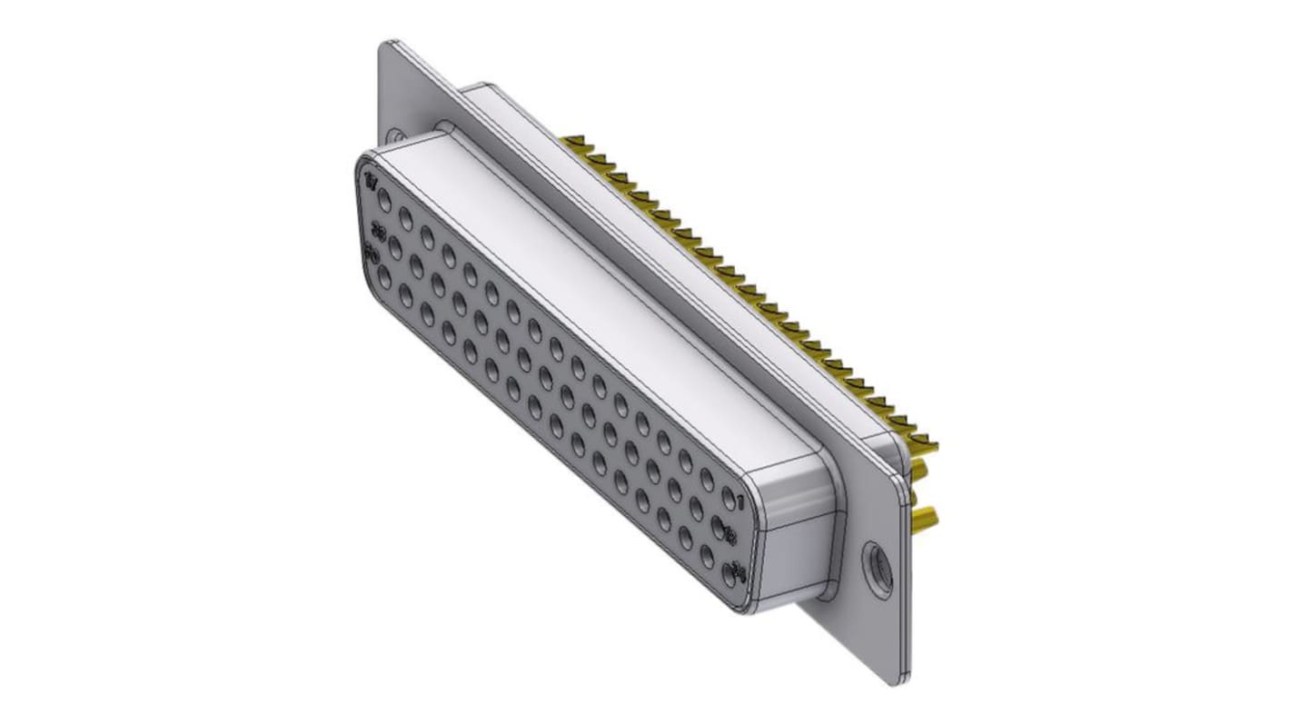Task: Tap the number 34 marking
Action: (x=739, y=573)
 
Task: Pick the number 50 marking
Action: (x=371, y=255)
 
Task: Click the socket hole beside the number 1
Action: (x=728, y=496)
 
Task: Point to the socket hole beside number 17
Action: (x=384, y=198)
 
